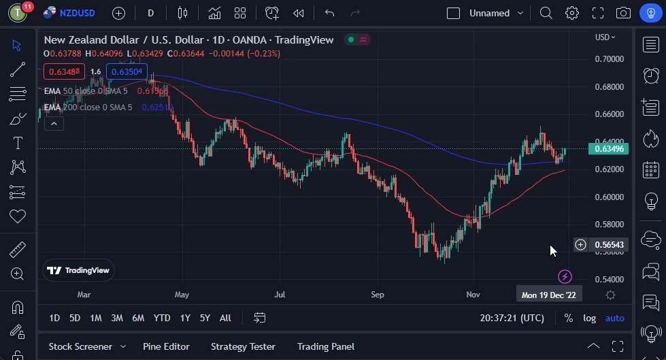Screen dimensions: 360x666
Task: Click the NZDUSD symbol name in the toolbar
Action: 77,13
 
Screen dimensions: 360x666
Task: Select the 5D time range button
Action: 75,318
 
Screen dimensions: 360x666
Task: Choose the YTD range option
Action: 162,318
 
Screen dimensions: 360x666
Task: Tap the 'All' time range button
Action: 225,318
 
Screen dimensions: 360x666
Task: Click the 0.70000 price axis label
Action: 609,59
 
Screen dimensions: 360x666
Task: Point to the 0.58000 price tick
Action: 609,225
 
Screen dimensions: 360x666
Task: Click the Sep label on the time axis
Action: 378,295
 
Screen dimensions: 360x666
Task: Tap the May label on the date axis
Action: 182,295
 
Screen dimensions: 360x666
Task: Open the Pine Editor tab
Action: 166,346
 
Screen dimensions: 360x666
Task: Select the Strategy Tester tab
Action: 243,346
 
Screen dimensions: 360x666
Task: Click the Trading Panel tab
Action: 326,346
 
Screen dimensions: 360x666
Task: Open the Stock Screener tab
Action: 80,346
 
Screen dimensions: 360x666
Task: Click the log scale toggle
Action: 589,318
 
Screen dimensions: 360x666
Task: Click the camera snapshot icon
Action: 622,13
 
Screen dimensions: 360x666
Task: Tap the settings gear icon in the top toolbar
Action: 571,13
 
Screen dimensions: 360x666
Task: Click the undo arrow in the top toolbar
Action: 330,13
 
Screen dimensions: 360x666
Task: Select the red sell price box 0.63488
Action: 65,71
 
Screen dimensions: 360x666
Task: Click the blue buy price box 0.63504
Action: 127,71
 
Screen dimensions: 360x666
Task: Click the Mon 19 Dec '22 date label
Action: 548,295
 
